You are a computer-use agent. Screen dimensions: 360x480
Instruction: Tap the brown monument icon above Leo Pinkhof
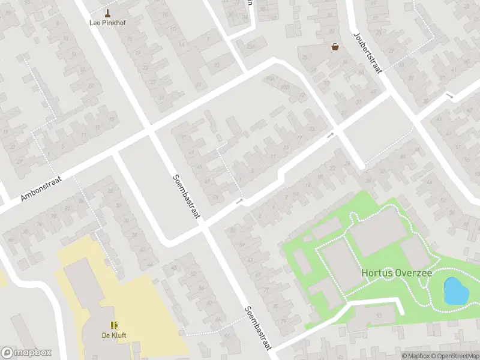108,13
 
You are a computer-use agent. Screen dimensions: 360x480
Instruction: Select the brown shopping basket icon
335,47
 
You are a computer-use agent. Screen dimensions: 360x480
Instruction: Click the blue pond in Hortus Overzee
455,292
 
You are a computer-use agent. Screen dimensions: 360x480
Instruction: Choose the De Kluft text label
113,335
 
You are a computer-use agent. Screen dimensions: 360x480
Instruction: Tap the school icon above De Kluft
113,325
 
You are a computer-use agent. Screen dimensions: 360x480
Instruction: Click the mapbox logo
26,353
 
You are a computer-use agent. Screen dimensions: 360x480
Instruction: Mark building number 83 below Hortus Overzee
379,314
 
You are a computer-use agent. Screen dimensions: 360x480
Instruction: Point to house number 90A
269,78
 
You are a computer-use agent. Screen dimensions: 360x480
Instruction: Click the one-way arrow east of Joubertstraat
449,96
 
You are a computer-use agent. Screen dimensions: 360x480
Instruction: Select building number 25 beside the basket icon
305,58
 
